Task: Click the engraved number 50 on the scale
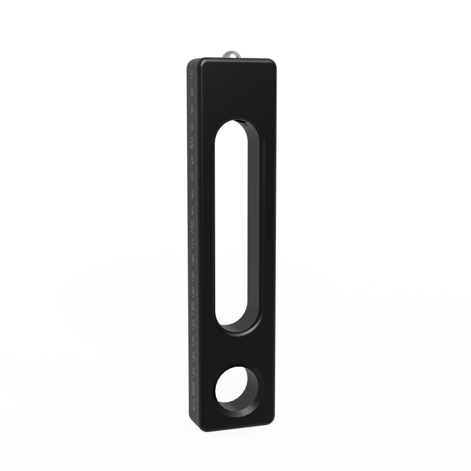click(x=192, y=143)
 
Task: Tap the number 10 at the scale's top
click(x=191, y=77)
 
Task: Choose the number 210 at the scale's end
click(x=194, y=405)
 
